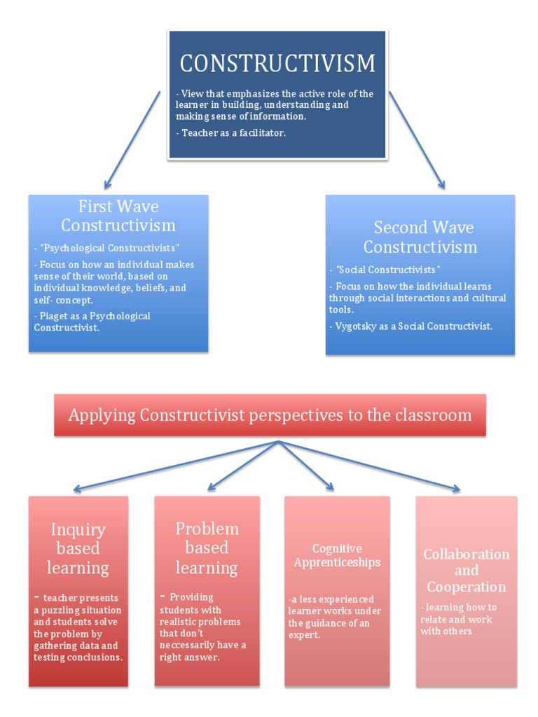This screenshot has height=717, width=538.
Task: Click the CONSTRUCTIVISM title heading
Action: (277, 64)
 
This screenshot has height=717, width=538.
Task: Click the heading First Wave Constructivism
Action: (118, 216)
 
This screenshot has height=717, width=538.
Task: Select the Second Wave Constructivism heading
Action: (420, 237)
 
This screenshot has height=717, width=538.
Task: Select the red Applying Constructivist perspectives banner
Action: (270, 415)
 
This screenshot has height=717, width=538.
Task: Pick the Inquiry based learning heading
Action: (78, 548)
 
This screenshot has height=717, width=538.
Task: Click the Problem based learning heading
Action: (207, 548)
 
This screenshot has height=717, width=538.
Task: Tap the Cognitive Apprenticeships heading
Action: (337, 555)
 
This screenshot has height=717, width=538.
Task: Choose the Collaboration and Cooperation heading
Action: (467, 570)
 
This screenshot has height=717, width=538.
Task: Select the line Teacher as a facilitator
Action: (234, 133)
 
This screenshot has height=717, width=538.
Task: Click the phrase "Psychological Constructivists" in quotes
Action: (109, 248)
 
